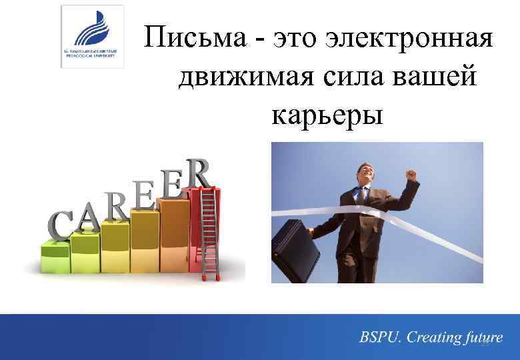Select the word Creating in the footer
click(x=433, y=338)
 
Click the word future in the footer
click(x=481, y=338)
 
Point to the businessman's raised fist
click(x=411, y=175)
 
